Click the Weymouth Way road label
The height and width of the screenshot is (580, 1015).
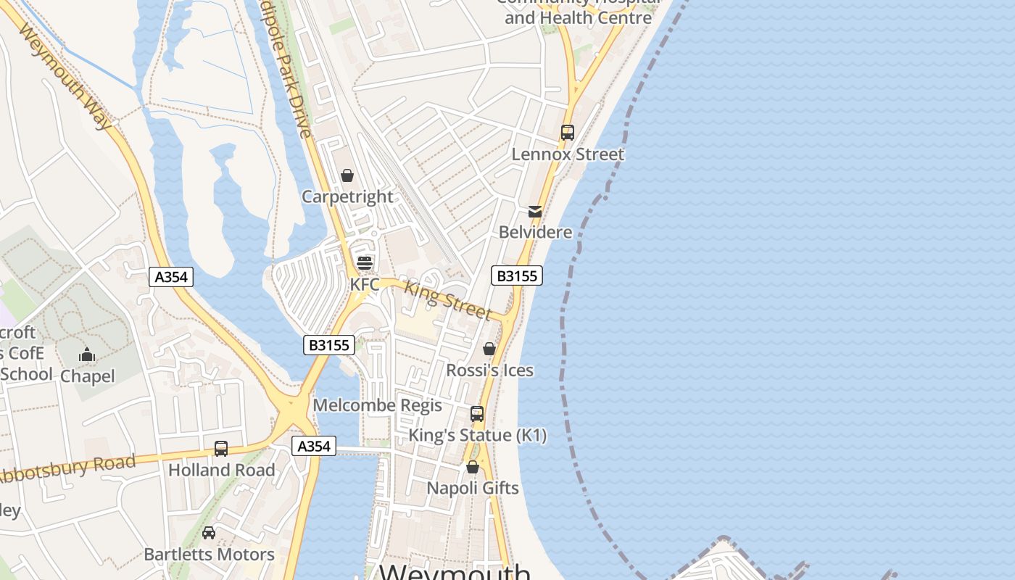click(x=66, y=77)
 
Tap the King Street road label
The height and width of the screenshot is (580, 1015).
click(x=447, y=299)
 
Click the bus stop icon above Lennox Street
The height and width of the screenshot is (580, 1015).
click(x=568, y=133)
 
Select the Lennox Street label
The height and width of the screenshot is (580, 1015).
click(x=568, y=154)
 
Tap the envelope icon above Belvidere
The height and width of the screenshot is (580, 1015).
click(x=535, y=212)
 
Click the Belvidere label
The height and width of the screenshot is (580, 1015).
click(x=535, y=233)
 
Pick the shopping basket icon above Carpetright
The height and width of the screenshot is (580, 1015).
click(x=347, y=175)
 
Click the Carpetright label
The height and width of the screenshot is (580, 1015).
click(x=347, y=197)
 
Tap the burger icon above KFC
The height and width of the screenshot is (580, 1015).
click(x=365, y=262)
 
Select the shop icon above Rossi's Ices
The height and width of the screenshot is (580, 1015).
click(x=489, y=349)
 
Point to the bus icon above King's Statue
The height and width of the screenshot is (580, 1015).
click(x=477, y=414)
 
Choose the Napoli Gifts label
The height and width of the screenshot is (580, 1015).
click(x=473, y=488)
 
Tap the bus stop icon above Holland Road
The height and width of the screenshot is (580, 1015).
click(x=221, y=449)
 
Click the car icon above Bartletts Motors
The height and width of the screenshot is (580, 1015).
click(x=209, y=533)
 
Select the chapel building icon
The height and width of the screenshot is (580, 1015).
click(x=87, y=355)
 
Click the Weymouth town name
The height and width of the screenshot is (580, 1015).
click(x=455, y=571)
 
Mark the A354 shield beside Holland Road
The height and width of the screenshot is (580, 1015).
click(x=315, y=446)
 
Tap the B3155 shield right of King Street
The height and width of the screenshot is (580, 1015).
click(x=517, y=275)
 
